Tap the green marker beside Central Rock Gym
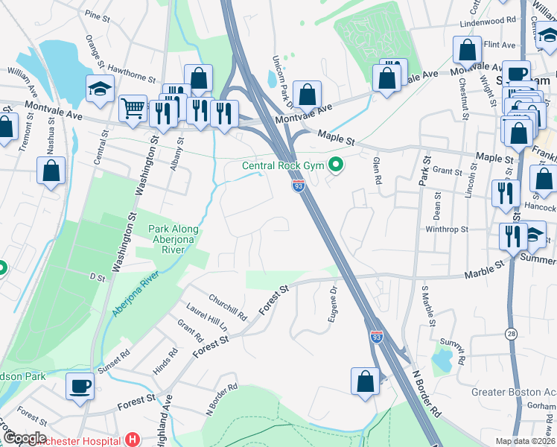[x=337, y=165]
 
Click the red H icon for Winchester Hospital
[x=133, y=440]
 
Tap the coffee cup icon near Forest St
[x=80, y=386]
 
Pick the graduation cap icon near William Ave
[x=99, y=89]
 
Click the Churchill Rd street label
[x=227, y=304]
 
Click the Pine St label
[x=98, y=14]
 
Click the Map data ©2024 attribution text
[x=526, y=441]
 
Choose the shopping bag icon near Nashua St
[x=51, y=171]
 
